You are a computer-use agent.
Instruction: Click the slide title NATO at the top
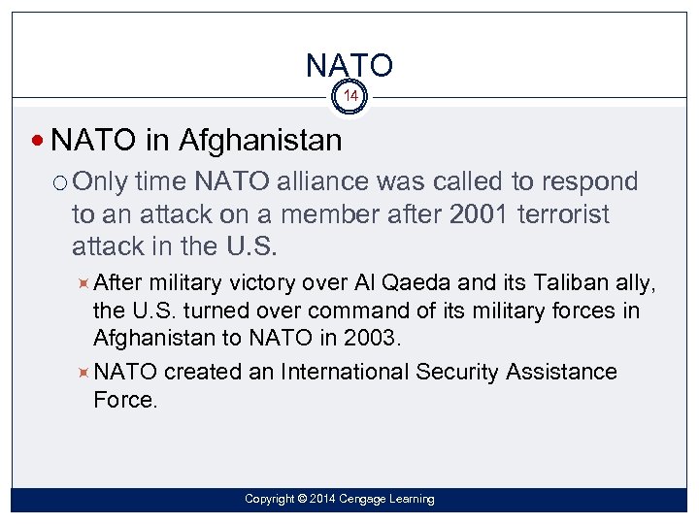[x=349, y=65]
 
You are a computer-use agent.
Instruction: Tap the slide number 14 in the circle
[x=349, y=97]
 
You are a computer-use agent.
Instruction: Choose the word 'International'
[x=345, y=372]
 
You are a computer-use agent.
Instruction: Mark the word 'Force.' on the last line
[x=125, y=399]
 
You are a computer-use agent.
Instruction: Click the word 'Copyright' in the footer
[x=269, y=499]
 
